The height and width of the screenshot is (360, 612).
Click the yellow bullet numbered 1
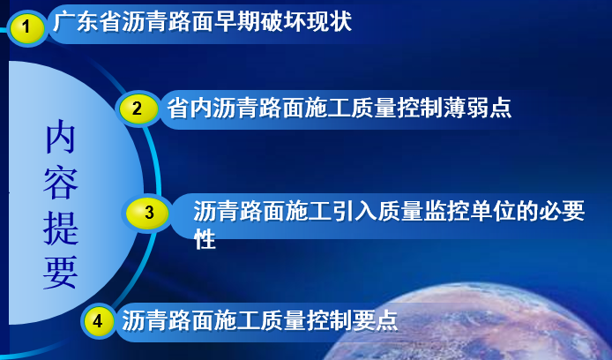coord(26,27)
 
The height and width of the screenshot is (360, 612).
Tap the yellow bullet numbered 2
coord(138,109)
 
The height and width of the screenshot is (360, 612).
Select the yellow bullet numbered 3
coord(148,213)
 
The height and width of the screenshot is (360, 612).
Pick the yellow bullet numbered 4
coord(98,321)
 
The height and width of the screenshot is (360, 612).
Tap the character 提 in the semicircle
coord(61,228)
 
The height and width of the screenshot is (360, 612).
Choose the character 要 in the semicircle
coord(61,273)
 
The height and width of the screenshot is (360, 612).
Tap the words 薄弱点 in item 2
coord(477,108)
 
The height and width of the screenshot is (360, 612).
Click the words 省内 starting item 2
coord(190,108)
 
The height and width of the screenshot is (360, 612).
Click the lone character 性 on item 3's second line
coord(205,238)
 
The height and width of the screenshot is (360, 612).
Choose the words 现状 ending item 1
coord(329,21)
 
